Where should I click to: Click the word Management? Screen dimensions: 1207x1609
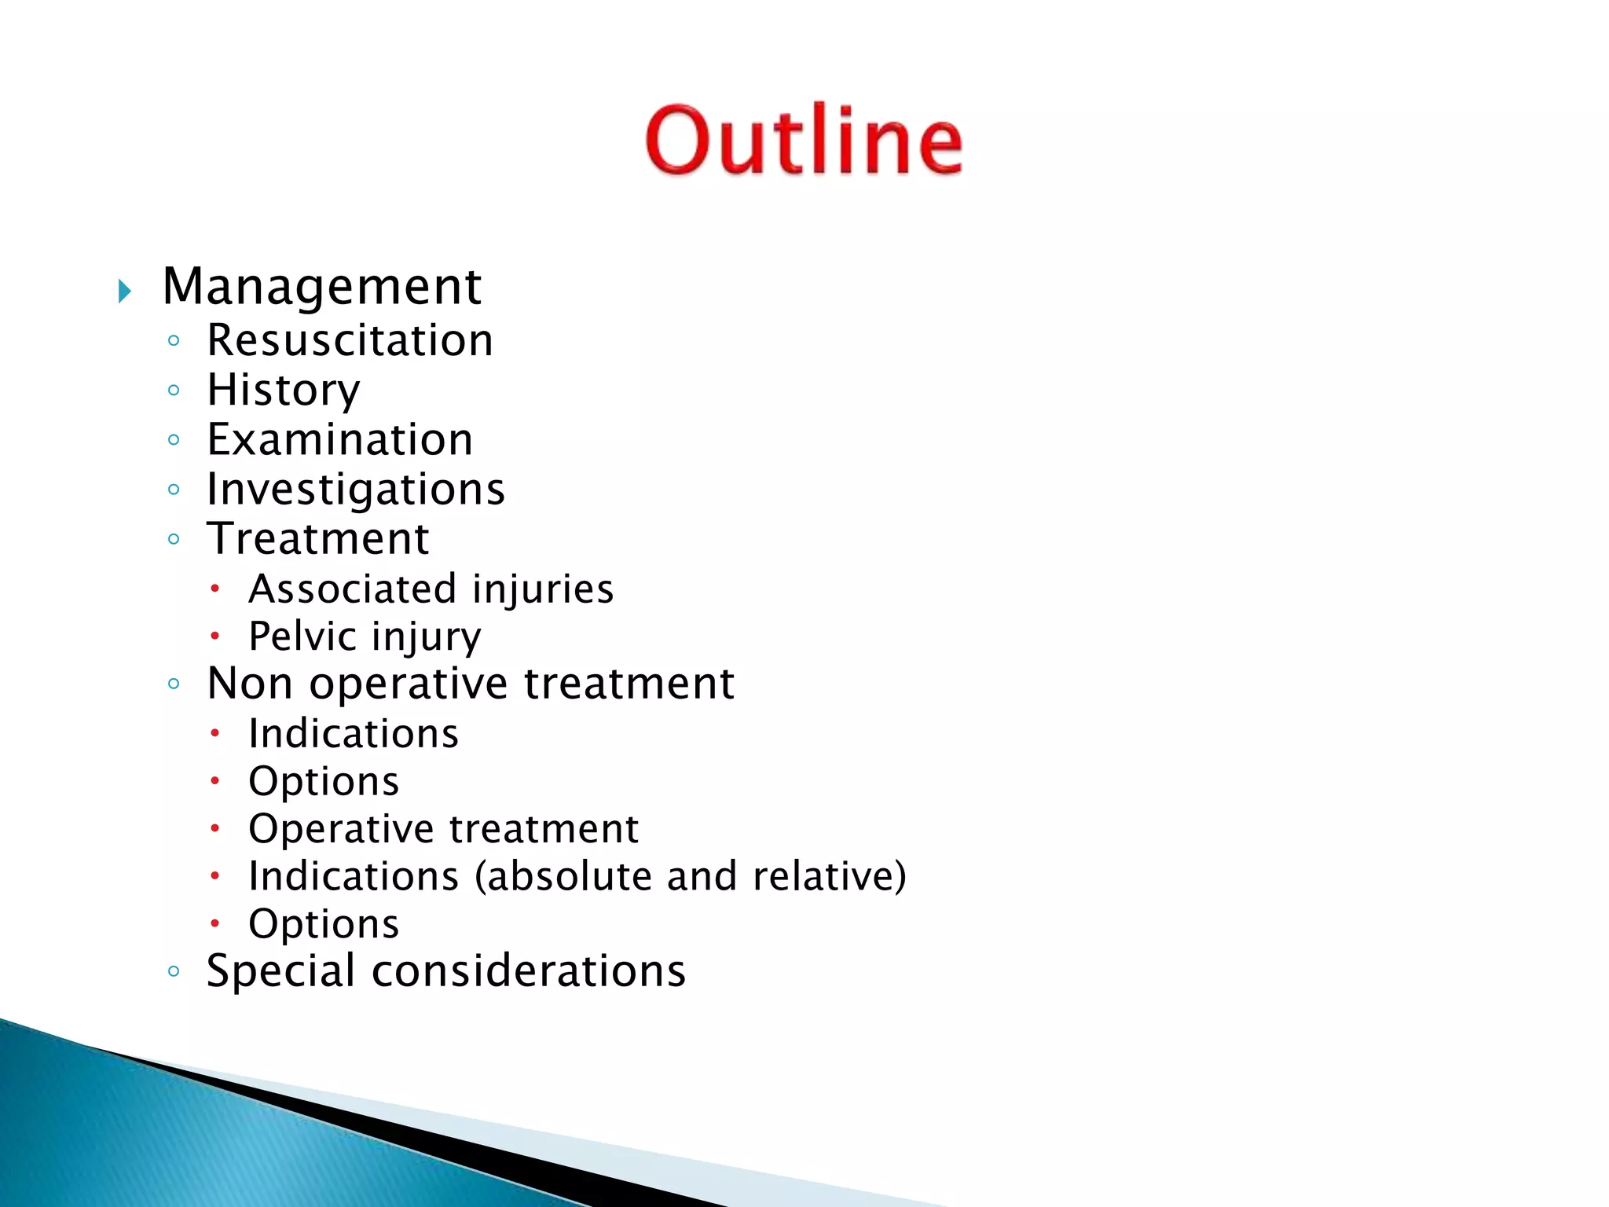[x=321, y=287]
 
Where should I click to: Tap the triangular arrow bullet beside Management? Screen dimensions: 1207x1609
[x=124, y=292]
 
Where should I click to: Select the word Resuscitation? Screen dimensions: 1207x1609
[x=350, y=341]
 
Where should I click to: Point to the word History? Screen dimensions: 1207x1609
[x=284, y=391]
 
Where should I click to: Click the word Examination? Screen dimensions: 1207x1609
[x=340, y=440]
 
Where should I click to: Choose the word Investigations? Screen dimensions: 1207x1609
[x=355, y=490]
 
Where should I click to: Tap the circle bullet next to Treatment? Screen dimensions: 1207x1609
[x=174, y=539]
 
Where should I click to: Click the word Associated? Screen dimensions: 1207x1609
[x=352, y=589]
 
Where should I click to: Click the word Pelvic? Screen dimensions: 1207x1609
[x=302, y=637]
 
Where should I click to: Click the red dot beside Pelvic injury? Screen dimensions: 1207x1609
[x=214, y=636]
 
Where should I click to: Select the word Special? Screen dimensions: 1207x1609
[x=280, y=971]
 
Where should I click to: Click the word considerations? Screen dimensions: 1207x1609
[x=529, y=971]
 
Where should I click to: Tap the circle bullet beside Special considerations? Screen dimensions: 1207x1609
[x=174, y=971]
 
